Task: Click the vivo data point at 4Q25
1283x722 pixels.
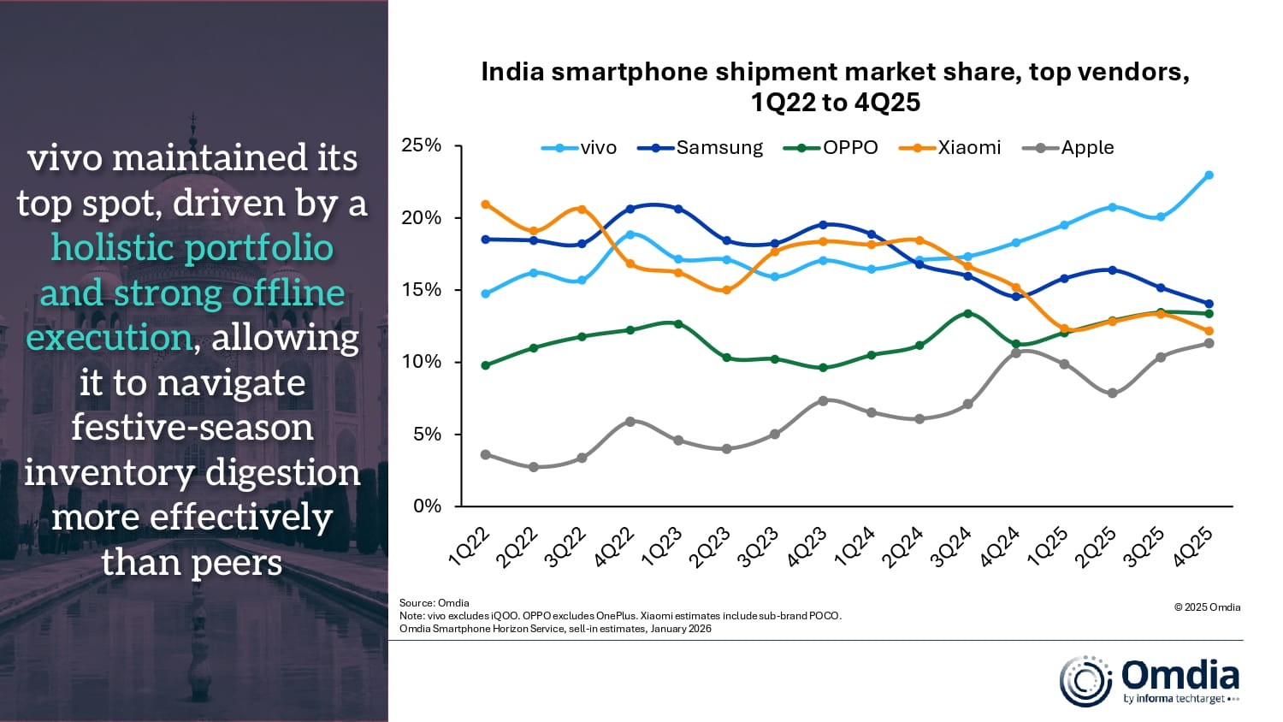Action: point(1209,175)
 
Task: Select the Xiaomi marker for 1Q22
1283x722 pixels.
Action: point(486,204)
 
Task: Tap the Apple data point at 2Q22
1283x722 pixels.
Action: point(534,467)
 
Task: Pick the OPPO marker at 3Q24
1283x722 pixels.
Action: point(967,313)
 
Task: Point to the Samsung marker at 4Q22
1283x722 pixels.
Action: point(630,209)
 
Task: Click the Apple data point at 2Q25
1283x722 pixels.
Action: point(1112,394)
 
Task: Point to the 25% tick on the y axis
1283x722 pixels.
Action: point(422,145)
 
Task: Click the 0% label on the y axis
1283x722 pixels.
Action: point(427,506)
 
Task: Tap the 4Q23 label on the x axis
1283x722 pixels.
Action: point(807,547)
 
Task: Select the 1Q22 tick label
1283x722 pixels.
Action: point(470,547)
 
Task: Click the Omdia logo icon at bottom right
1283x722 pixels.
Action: point(1085,682)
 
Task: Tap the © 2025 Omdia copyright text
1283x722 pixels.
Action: point(1207,607)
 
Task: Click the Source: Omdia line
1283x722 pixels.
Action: point(435,603)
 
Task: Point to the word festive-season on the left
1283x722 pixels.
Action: point(192,427)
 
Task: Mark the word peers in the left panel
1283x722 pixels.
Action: point(238,563)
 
